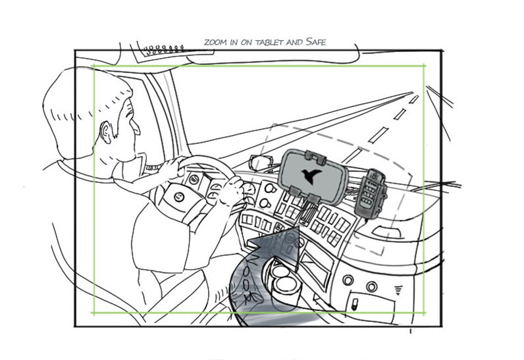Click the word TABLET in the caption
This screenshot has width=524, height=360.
point(269,42)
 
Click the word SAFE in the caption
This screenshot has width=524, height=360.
point(316,41)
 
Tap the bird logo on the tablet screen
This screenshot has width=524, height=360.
point(311,176)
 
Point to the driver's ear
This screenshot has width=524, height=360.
point(106,132)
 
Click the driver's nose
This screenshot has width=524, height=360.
point(136,127)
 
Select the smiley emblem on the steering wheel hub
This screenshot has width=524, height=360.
point(179,197)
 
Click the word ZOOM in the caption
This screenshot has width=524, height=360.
point(215,42)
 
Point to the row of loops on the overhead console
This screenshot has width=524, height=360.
point(165,49)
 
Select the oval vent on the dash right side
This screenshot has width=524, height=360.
point(386,232)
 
